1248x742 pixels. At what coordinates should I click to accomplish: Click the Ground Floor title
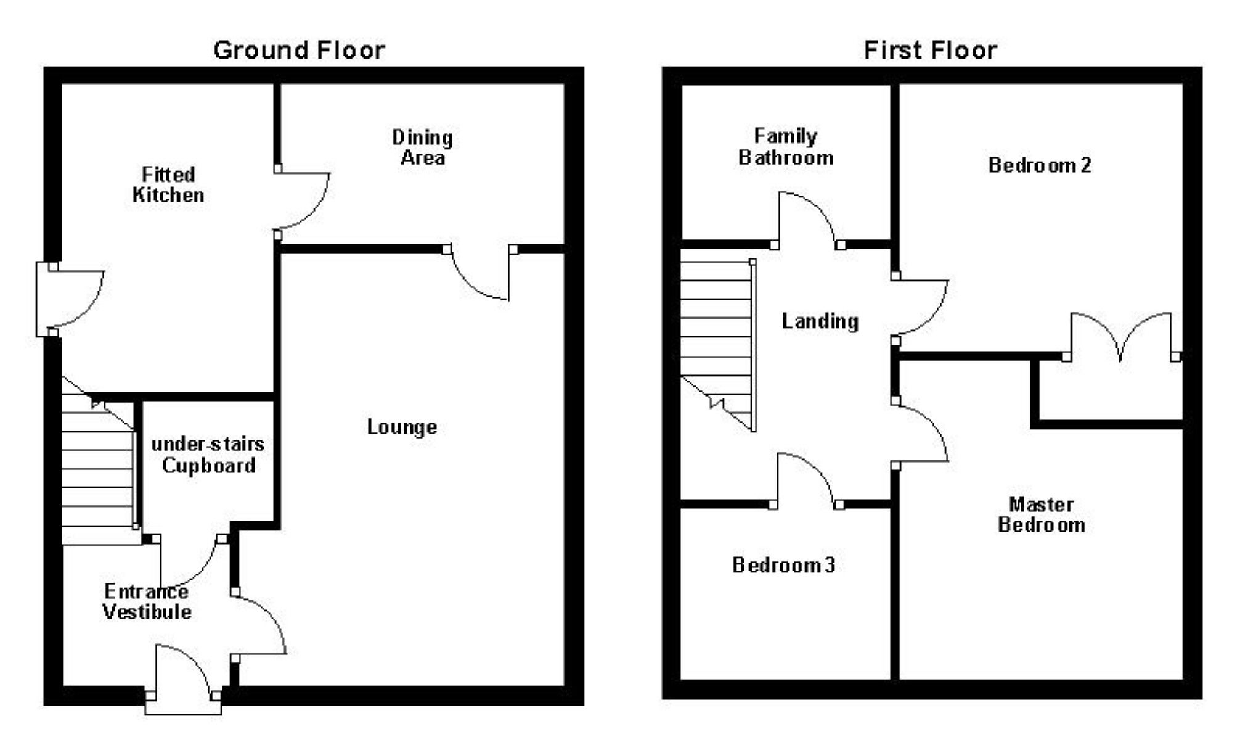299,50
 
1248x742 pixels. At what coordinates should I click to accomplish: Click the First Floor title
930,50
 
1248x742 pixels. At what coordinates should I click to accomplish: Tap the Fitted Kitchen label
168,184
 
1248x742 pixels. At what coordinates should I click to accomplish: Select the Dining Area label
423,147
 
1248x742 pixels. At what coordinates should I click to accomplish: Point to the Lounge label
402,427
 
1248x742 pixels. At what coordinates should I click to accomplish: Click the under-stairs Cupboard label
208,455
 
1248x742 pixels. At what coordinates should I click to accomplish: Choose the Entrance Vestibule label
147,601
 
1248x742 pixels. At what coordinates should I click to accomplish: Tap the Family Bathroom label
786,147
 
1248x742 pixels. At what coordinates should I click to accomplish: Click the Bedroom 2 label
1040,165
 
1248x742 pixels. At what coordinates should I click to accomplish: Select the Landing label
820,321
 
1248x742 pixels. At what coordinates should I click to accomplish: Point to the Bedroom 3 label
783,565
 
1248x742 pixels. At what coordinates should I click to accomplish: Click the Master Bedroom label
1042,514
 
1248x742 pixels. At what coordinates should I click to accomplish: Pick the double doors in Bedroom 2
1121,336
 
